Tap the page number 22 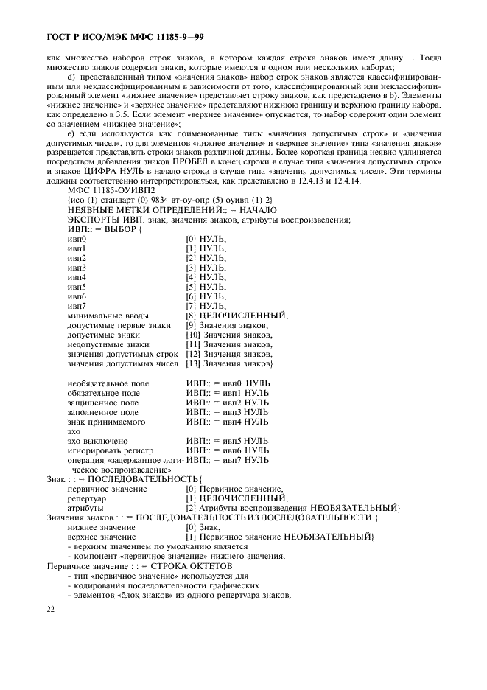click(51, 609)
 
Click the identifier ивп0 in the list click(77, 239)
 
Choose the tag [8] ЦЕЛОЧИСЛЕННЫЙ click(237, 316)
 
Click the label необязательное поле click(108, 383)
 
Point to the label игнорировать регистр click(110, 450)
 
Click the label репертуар click(87, 498)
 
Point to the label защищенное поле click(102, 402)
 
